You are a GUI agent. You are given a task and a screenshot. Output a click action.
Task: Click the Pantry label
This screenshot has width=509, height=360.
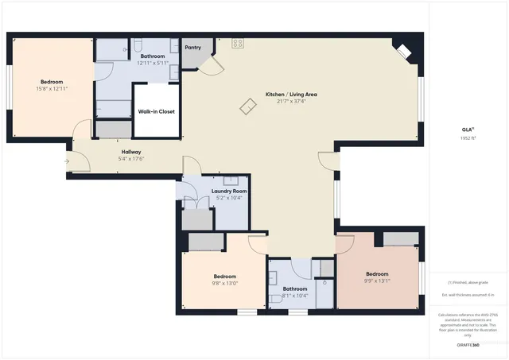(192, 48)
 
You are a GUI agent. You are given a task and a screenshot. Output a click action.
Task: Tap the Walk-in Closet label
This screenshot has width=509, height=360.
(156, 111)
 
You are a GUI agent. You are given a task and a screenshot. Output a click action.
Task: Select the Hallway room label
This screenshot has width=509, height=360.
(131, 152)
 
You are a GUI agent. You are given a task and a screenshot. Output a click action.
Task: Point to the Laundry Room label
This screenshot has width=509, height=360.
(229, 191)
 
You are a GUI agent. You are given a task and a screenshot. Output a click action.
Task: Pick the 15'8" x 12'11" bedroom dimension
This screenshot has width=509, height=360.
(52, 88)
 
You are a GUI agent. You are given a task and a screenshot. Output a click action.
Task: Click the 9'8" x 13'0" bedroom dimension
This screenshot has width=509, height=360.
(225, 283)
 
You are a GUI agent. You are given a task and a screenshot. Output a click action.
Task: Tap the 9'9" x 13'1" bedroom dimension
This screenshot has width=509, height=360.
(377, 281)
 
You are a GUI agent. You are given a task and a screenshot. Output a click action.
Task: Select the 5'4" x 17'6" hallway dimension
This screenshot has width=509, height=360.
(131, 159)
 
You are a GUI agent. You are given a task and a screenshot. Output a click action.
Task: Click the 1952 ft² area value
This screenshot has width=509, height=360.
(468, 137)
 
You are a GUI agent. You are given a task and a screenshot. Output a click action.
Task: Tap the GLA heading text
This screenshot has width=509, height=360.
(468, 130)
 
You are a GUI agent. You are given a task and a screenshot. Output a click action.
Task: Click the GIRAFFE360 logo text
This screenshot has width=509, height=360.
(468, 345)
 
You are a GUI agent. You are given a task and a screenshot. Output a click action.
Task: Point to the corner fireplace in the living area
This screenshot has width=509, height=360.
(403, 52)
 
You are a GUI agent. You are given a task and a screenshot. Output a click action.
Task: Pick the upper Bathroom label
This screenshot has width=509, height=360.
(153, 56)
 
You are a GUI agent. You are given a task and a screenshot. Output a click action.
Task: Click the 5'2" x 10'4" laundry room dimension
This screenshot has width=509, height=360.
(229, 198)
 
